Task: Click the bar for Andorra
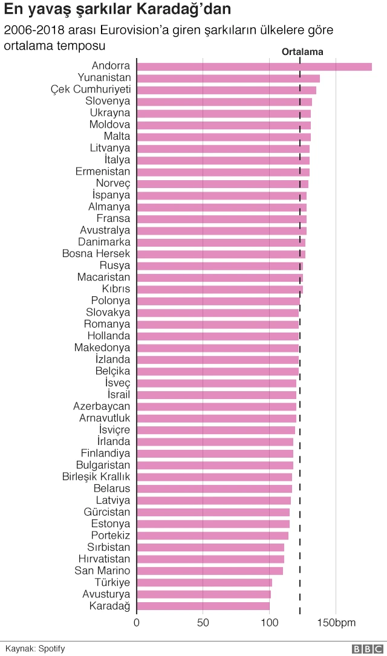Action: click(x=254, y=67)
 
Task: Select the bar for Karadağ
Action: click(x=203, y=606)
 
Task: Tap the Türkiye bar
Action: click(x=204, y=583)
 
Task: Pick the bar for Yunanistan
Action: click(x=228, y=78)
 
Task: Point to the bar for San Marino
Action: click(x=210, y=571)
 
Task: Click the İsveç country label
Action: click(x=117, y=383)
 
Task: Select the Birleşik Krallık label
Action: click(x=96, y=476)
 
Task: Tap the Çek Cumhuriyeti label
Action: click(x=90, y=89)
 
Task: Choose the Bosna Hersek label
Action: click(x=96, y=253)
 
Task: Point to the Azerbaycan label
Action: click(x=102, y=406)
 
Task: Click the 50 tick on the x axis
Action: click(x=203, y=623)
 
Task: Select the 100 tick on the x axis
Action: click(x=269, y=623)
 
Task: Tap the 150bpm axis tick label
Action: click(x=345, y=623)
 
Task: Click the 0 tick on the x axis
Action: click(x=137, y=623)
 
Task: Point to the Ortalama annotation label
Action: click(x=302, y=52)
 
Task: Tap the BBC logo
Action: click(x=365, y=649)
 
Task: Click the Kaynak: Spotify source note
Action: click(x=35, y=649)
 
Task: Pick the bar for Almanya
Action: click(x=221, y=207)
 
